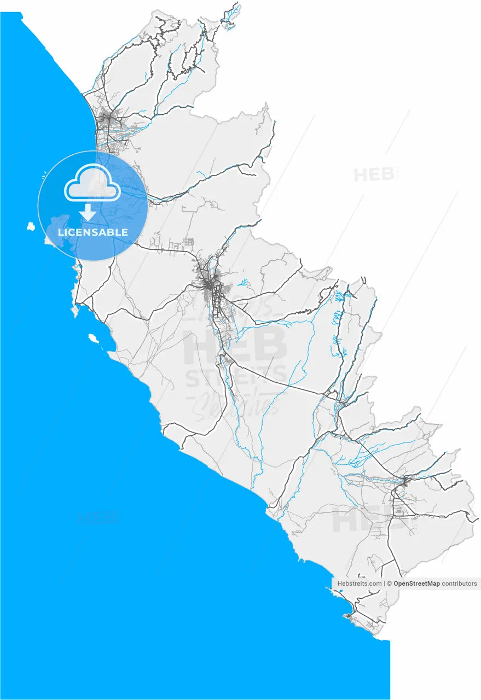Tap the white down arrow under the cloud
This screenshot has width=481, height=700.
(88, 212)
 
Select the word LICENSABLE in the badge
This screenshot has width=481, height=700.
(93, 232)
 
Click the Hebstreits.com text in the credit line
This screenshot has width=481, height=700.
(360, 584)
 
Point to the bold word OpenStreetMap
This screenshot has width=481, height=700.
(416, 584)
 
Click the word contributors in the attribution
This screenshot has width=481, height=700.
(459, 584)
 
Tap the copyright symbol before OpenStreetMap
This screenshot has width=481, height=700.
(390, 584)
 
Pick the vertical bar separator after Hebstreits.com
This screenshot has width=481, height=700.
(384, 584)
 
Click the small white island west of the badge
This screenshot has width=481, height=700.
(31, 226)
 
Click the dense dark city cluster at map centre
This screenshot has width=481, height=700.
(210, 285)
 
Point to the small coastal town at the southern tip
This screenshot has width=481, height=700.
(349, 616)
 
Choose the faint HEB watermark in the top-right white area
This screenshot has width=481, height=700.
(374, 175)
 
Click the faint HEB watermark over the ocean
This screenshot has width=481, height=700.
(97, 517)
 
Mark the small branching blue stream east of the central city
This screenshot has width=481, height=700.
(244, 282)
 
